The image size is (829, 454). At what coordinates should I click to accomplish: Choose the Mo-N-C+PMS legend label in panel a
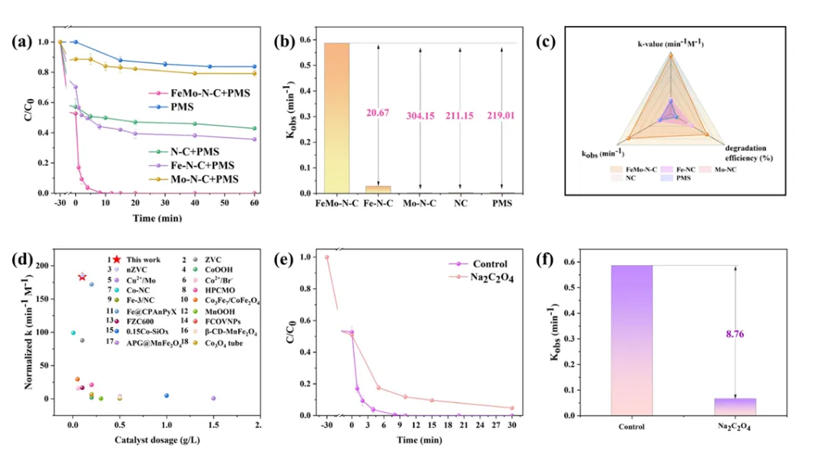[201, 178]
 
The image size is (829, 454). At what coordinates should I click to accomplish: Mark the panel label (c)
[546, 42]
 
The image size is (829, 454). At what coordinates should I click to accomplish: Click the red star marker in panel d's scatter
[82, 277]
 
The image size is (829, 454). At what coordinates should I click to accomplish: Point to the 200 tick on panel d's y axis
[46, 266]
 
